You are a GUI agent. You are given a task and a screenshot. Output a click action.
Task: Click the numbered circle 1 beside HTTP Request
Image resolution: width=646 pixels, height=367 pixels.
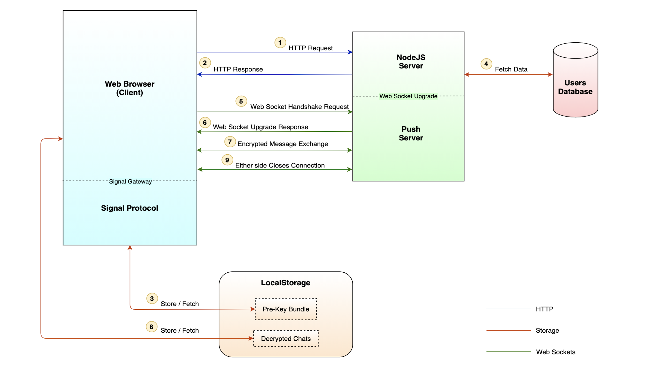coord(280,43)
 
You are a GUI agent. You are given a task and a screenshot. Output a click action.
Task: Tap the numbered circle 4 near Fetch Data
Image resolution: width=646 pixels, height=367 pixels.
coord(486,64)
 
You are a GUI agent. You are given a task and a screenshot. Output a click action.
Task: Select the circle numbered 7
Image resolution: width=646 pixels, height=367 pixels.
coord(230,142)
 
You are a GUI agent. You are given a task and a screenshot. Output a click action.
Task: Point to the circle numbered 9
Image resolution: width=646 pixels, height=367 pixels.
coord(227,160)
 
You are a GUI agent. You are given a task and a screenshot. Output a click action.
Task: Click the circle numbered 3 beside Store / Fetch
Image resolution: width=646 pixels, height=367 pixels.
coord(152,299)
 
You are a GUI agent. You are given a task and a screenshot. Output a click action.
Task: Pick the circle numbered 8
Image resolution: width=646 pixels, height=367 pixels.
coord(151,327)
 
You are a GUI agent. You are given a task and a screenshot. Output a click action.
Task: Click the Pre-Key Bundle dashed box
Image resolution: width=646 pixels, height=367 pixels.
coord(286,309)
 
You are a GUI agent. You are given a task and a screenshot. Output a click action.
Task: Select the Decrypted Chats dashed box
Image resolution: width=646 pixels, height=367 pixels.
coord(286,339)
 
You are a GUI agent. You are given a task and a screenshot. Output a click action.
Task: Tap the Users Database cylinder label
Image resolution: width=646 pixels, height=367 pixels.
coord(575,87)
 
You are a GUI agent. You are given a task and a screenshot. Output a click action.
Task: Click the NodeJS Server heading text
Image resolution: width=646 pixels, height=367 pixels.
coord(411,62)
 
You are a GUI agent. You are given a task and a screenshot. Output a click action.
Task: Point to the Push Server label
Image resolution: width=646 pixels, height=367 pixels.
coord(411,133)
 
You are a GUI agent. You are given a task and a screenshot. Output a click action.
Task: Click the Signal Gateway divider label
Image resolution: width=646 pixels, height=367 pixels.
coord(130,181)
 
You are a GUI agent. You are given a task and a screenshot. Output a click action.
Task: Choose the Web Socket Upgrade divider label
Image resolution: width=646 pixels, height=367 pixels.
coord(408,96)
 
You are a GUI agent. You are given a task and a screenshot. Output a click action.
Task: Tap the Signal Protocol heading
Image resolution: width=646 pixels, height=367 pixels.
coord(129,208)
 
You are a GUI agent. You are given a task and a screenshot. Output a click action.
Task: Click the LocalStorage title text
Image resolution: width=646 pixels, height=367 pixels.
coord(286,283)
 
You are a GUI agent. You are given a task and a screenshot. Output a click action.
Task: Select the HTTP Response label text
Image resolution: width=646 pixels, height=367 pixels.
coord(238,69)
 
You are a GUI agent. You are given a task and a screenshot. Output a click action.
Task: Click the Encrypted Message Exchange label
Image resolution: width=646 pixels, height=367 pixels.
coord(283,144)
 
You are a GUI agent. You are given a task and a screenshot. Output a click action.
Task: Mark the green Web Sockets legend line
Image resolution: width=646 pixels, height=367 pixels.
coord(508,352)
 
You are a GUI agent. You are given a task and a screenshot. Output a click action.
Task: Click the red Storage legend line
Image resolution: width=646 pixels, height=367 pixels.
coord(508,330)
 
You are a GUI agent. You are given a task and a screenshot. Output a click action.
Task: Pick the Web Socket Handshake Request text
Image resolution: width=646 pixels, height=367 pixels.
coord(299,107)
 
